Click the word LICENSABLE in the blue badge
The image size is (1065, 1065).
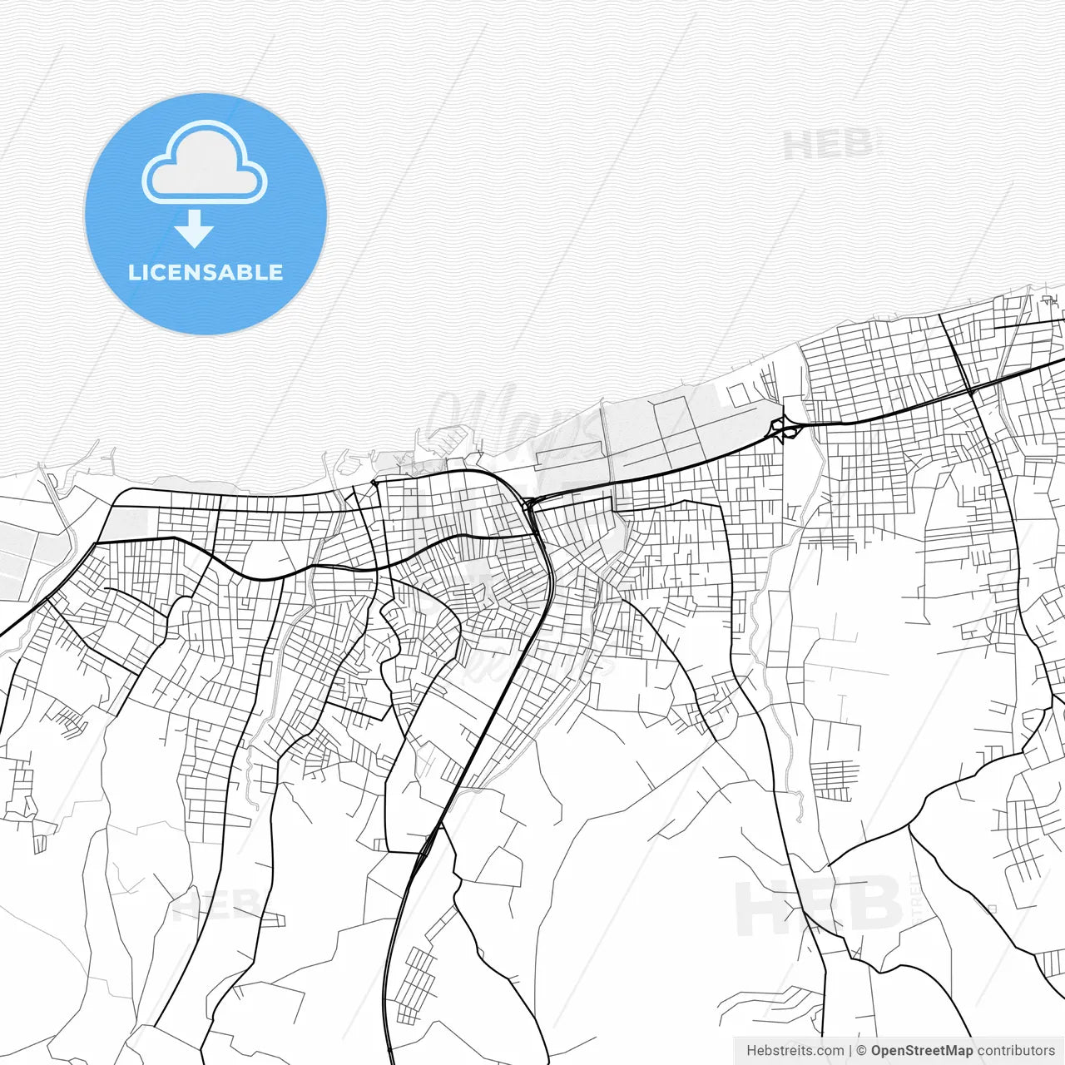[206, 273]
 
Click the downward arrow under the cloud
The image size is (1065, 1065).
[195, 229]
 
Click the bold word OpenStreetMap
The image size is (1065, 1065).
[922, 1051]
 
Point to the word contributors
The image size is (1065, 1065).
[1016, 1051]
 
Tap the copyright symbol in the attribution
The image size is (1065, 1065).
[861, 1051]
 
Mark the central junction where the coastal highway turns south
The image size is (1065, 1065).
[529, 503]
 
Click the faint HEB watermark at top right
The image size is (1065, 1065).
[828, 146]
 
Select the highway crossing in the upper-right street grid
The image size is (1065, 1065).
[971, 389]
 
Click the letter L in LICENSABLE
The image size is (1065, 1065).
[134, 273]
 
